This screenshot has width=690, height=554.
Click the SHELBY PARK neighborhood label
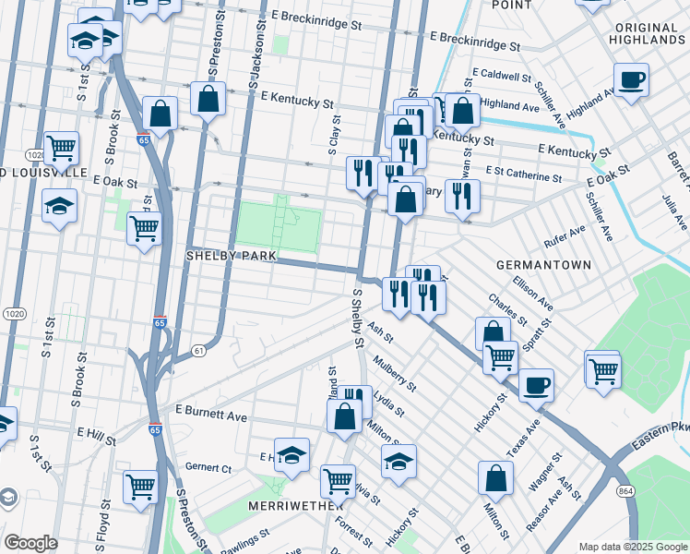[x=232, y=255]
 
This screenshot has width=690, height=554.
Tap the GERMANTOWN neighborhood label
[x=542, y=264]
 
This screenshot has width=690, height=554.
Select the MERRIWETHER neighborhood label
[x=289, y=507]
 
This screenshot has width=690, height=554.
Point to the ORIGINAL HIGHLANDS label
[x=648, y=34]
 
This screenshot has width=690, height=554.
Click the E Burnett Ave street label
[x=210, y=415]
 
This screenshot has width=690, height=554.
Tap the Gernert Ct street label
[x=208, y=468]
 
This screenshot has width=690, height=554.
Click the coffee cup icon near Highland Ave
[x=632, y=79]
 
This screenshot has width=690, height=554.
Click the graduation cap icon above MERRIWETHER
[x=292, y=454]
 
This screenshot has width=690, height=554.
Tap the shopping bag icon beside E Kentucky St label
[x=208, y=97]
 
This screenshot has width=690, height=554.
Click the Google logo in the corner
[x=30, y=543]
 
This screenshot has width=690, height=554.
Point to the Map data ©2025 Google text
[x=633, y=547]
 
